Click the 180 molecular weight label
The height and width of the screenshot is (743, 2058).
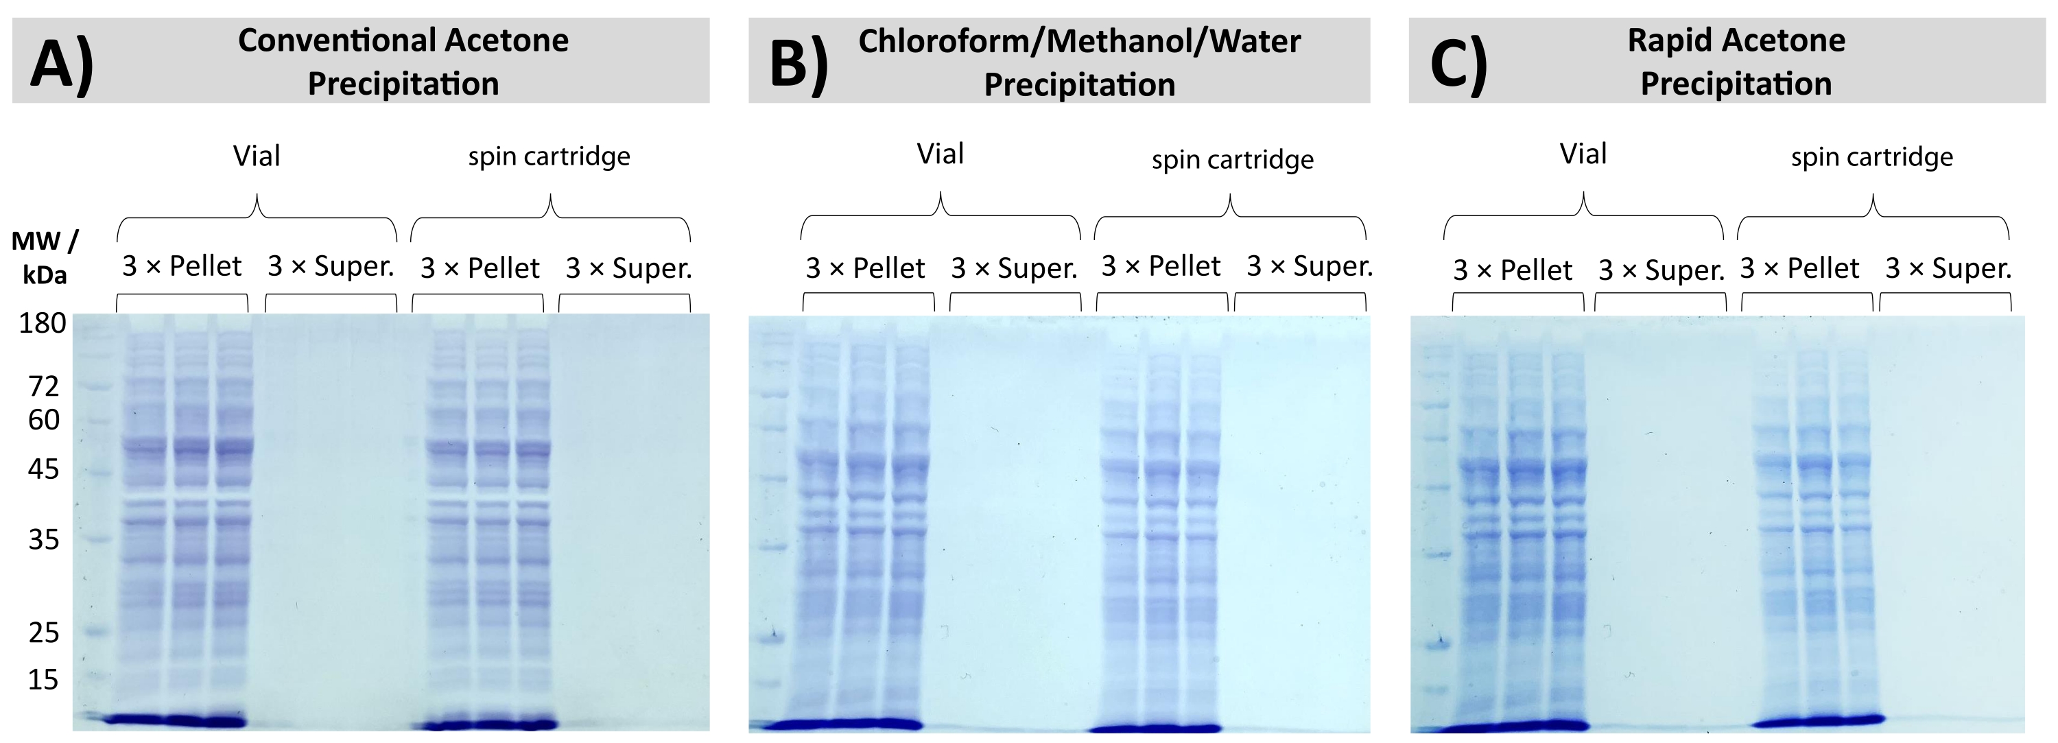[43, 322]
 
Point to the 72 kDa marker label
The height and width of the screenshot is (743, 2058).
[44, 387]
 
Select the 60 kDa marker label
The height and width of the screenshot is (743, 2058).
[44, 419]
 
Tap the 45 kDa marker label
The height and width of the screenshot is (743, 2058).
[44, 469]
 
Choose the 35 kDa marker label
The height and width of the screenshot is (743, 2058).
[44, 540]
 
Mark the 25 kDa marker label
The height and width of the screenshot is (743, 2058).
[44, 633]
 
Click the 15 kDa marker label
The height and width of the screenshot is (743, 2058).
[44, 680]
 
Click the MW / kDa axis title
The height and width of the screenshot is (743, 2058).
[45, 257]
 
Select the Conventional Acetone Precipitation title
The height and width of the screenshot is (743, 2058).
[403, 62]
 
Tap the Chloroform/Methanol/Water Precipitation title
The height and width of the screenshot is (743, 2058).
[1079, 62]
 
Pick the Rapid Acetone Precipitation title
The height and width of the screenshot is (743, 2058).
[1736, 62]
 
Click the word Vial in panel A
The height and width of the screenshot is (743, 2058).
[257, 156]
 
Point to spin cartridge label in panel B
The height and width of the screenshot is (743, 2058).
[1232, 160]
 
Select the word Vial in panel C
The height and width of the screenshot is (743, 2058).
[1583, 154]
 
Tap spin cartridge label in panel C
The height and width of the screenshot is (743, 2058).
[1872, 157]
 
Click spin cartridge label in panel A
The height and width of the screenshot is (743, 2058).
[549, 156]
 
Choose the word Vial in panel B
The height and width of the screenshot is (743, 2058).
[941, 154]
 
